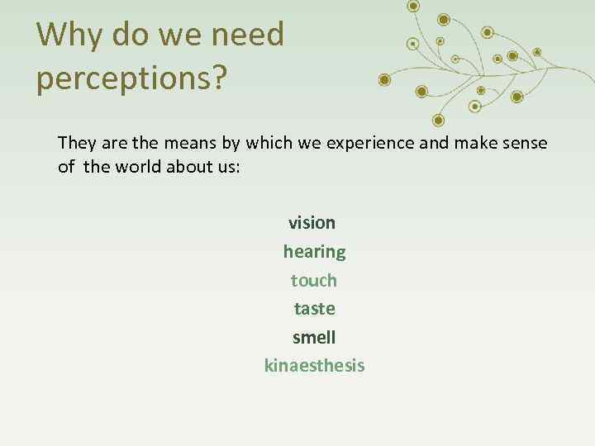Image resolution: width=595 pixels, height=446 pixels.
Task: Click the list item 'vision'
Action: (x=312, y=223)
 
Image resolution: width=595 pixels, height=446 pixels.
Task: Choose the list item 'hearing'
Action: (x=314, y=251)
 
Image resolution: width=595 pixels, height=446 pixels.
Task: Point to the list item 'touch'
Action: (x=314, y=280)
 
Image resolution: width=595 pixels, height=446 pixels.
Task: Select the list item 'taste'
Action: (x=315, y=309)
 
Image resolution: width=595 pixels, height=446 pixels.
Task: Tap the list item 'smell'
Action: (x=314, y=338)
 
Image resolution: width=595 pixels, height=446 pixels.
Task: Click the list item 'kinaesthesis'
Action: (x=314, y=366)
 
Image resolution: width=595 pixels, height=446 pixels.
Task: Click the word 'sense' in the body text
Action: (x=526, y=143)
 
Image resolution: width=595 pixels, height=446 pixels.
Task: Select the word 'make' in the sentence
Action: (x=480, y=143)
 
